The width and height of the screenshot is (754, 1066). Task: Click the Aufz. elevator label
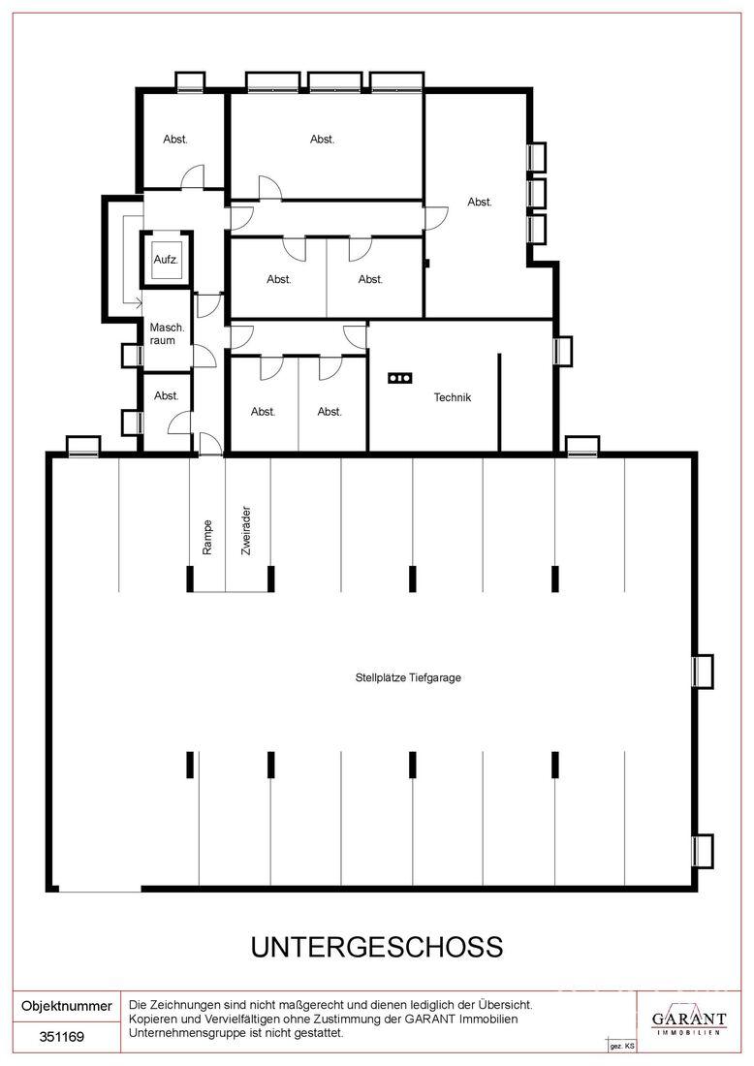click(x=166, y=260)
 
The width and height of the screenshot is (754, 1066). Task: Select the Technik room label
click(x=453, y=397)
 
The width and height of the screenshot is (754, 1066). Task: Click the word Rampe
click(x=208, y=537)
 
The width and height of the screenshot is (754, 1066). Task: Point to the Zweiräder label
click(x=246, y=530)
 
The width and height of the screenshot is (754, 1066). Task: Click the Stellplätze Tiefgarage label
click(x=408, y=677)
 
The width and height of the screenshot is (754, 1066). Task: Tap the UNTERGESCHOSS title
click(x=377, y=947)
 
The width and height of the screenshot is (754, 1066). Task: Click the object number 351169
click(x=62, y=1037)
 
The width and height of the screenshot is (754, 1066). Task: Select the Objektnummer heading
click(x=67, y=1006)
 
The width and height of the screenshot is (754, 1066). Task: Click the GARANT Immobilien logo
click(x=689, y=1021)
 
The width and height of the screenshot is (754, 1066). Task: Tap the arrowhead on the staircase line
click(x=138, y=302)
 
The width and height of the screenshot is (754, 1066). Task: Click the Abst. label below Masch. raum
click(x=166, y=395)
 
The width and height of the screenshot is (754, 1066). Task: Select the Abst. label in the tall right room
click(x=480, y=202)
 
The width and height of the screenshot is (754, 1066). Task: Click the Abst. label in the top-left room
click(x=174, y=139)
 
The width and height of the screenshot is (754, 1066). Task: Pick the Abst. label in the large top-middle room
click(x=322, y=139)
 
